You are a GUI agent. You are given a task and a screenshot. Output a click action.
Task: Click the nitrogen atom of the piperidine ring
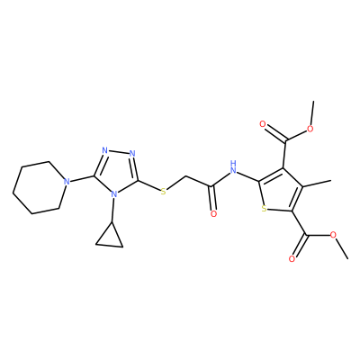point(67,182)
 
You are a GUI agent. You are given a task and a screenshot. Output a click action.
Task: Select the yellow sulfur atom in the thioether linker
point(163,192)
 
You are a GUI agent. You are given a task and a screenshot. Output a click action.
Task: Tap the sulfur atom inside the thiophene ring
point(264,209)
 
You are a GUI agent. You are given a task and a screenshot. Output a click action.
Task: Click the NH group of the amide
point(233,168)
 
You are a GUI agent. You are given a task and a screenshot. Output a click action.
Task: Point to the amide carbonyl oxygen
point(213,214)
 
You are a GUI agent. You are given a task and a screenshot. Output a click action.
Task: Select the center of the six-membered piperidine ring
point(40,188)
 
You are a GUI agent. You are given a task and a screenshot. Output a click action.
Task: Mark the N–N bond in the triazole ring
point(119,152)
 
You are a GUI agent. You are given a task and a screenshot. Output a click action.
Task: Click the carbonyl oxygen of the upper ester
point(263,124)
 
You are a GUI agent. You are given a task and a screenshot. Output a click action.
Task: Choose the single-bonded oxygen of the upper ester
point(310,130)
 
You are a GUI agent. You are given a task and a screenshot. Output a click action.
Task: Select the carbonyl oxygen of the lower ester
point(292,259)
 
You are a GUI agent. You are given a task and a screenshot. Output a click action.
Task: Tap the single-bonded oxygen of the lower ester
point(333,235)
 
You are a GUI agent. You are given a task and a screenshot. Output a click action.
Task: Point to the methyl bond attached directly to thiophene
point(317,184)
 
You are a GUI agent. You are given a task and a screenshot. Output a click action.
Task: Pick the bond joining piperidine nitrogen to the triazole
point(83,178)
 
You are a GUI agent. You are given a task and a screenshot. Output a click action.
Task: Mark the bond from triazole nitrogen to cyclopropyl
point(112,211)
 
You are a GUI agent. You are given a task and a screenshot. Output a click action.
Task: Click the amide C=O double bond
point(212,198)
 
